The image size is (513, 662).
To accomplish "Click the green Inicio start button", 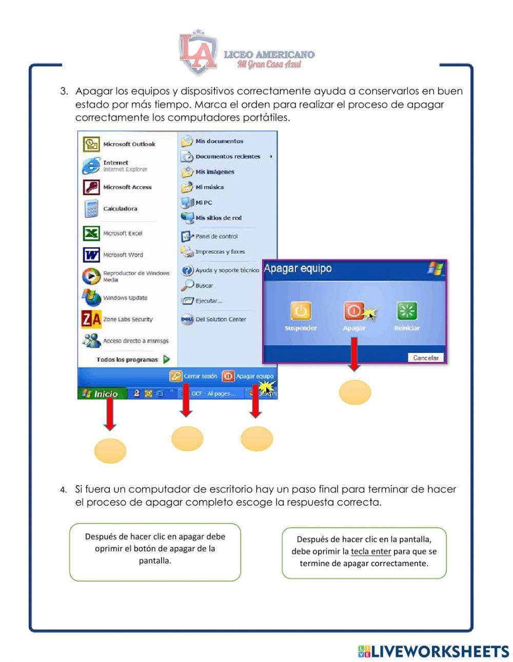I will pyautogui.click(x=101, y=394).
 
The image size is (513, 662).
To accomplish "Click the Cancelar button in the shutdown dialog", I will pyautogui.click(x=426, y=358).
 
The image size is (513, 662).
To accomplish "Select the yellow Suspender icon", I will pyautogui.click(x=301, y=311).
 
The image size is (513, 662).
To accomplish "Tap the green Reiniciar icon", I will pyautogui.click(x=407, y=311).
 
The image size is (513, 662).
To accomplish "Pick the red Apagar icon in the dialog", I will pyautogui.click(x=354, y=311).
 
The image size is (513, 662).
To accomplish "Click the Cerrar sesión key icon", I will pyautogui.click(x=176, y=376).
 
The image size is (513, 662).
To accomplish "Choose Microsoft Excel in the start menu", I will pyautogui.click(x=123, y=233).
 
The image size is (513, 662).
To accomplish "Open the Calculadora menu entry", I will pyautogui.click(x=120, y=209).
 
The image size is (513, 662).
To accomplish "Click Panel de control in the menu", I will pyautogui.click(x=216, y=236).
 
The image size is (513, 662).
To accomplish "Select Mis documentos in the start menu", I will pyautogui.click(x=219, y=141).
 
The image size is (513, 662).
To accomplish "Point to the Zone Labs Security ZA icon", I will pyautogui.click(x=91, y=319).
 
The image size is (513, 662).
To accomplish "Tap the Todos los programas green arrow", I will pyautogui.click(x=166, y=359).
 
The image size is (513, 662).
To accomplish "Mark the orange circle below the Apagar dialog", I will pyautogui.click(x=354, y=392).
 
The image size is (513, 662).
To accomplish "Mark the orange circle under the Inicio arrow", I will pyautogui.click(x=110, y=451).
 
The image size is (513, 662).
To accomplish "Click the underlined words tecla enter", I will pyautogui.click(x=371, y=552).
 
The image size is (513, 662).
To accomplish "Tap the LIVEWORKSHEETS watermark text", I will pyautogui.click(x=440, y=652).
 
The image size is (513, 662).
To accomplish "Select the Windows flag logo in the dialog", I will pyautogui.click(x=435, y=268).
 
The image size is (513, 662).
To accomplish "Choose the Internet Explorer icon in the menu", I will pyautogui.click(x=91, y=166).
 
